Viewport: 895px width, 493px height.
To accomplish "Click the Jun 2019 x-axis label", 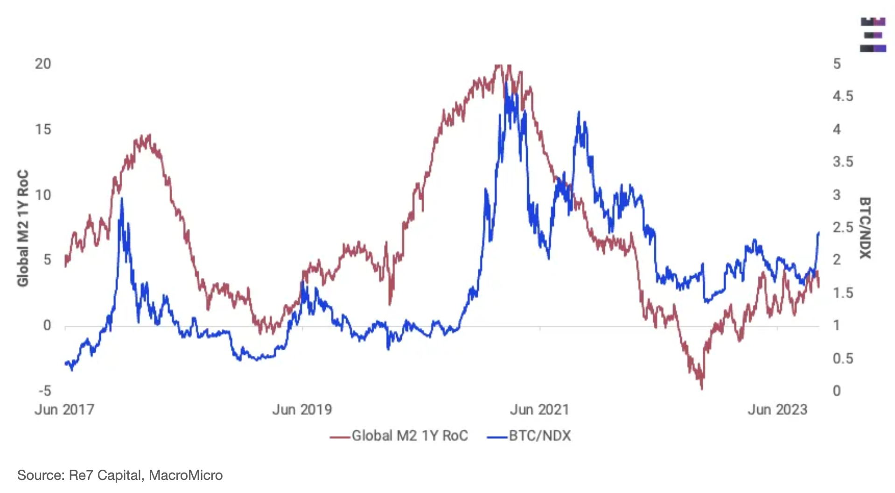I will point(302,409).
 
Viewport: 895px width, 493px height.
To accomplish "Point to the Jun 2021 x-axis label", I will point(539,409).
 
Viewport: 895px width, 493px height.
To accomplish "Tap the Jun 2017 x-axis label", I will point(64,409).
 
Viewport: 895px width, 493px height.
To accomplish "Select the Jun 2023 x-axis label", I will point(777,409).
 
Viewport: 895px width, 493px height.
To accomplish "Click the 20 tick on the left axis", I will point(43,64).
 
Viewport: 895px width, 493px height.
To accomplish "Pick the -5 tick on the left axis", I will point(45,391).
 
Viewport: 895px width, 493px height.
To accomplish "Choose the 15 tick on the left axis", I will point(43,129).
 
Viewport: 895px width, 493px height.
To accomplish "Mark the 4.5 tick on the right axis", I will point(843,96).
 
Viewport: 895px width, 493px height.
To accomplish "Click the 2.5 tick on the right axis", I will point(843,227).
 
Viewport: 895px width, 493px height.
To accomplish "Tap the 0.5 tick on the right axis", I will point(843,359).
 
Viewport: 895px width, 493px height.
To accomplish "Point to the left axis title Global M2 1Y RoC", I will point(23,228).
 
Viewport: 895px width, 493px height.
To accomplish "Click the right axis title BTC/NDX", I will point(865,228).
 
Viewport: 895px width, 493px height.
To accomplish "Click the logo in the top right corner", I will point(873,35).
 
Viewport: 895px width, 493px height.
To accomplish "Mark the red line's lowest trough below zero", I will point(701,387).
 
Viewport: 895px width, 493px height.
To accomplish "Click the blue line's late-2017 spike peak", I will point(122,199).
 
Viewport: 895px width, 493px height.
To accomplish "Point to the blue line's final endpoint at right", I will point(818,232).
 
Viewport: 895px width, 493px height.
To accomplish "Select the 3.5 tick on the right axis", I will point(843,162).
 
